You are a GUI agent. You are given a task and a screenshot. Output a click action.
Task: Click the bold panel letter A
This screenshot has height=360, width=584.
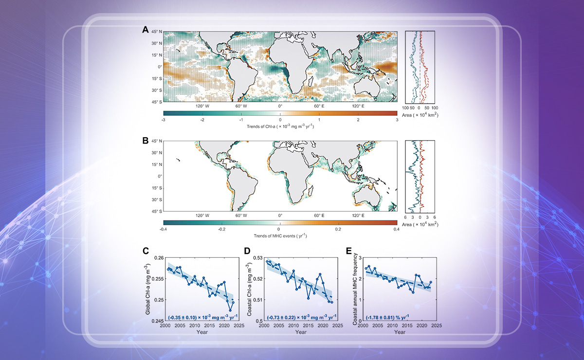(x=145, y=30)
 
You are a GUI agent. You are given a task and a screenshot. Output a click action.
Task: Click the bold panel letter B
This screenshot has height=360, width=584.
(x=145, y=140)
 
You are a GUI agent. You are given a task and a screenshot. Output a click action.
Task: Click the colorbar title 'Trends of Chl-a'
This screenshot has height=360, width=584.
(x=280, y=126)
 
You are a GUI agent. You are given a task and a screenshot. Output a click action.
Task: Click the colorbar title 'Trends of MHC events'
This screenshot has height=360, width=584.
(x=280, y=236)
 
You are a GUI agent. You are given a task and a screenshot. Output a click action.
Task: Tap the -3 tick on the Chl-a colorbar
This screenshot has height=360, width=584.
(x=163, y=120)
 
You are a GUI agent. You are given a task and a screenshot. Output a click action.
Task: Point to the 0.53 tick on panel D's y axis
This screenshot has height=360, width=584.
(x=257, y=257)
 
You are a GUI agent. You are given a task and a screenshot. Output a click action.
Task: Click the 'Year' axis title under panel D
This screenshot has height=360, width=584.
(x=300, y=332)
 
